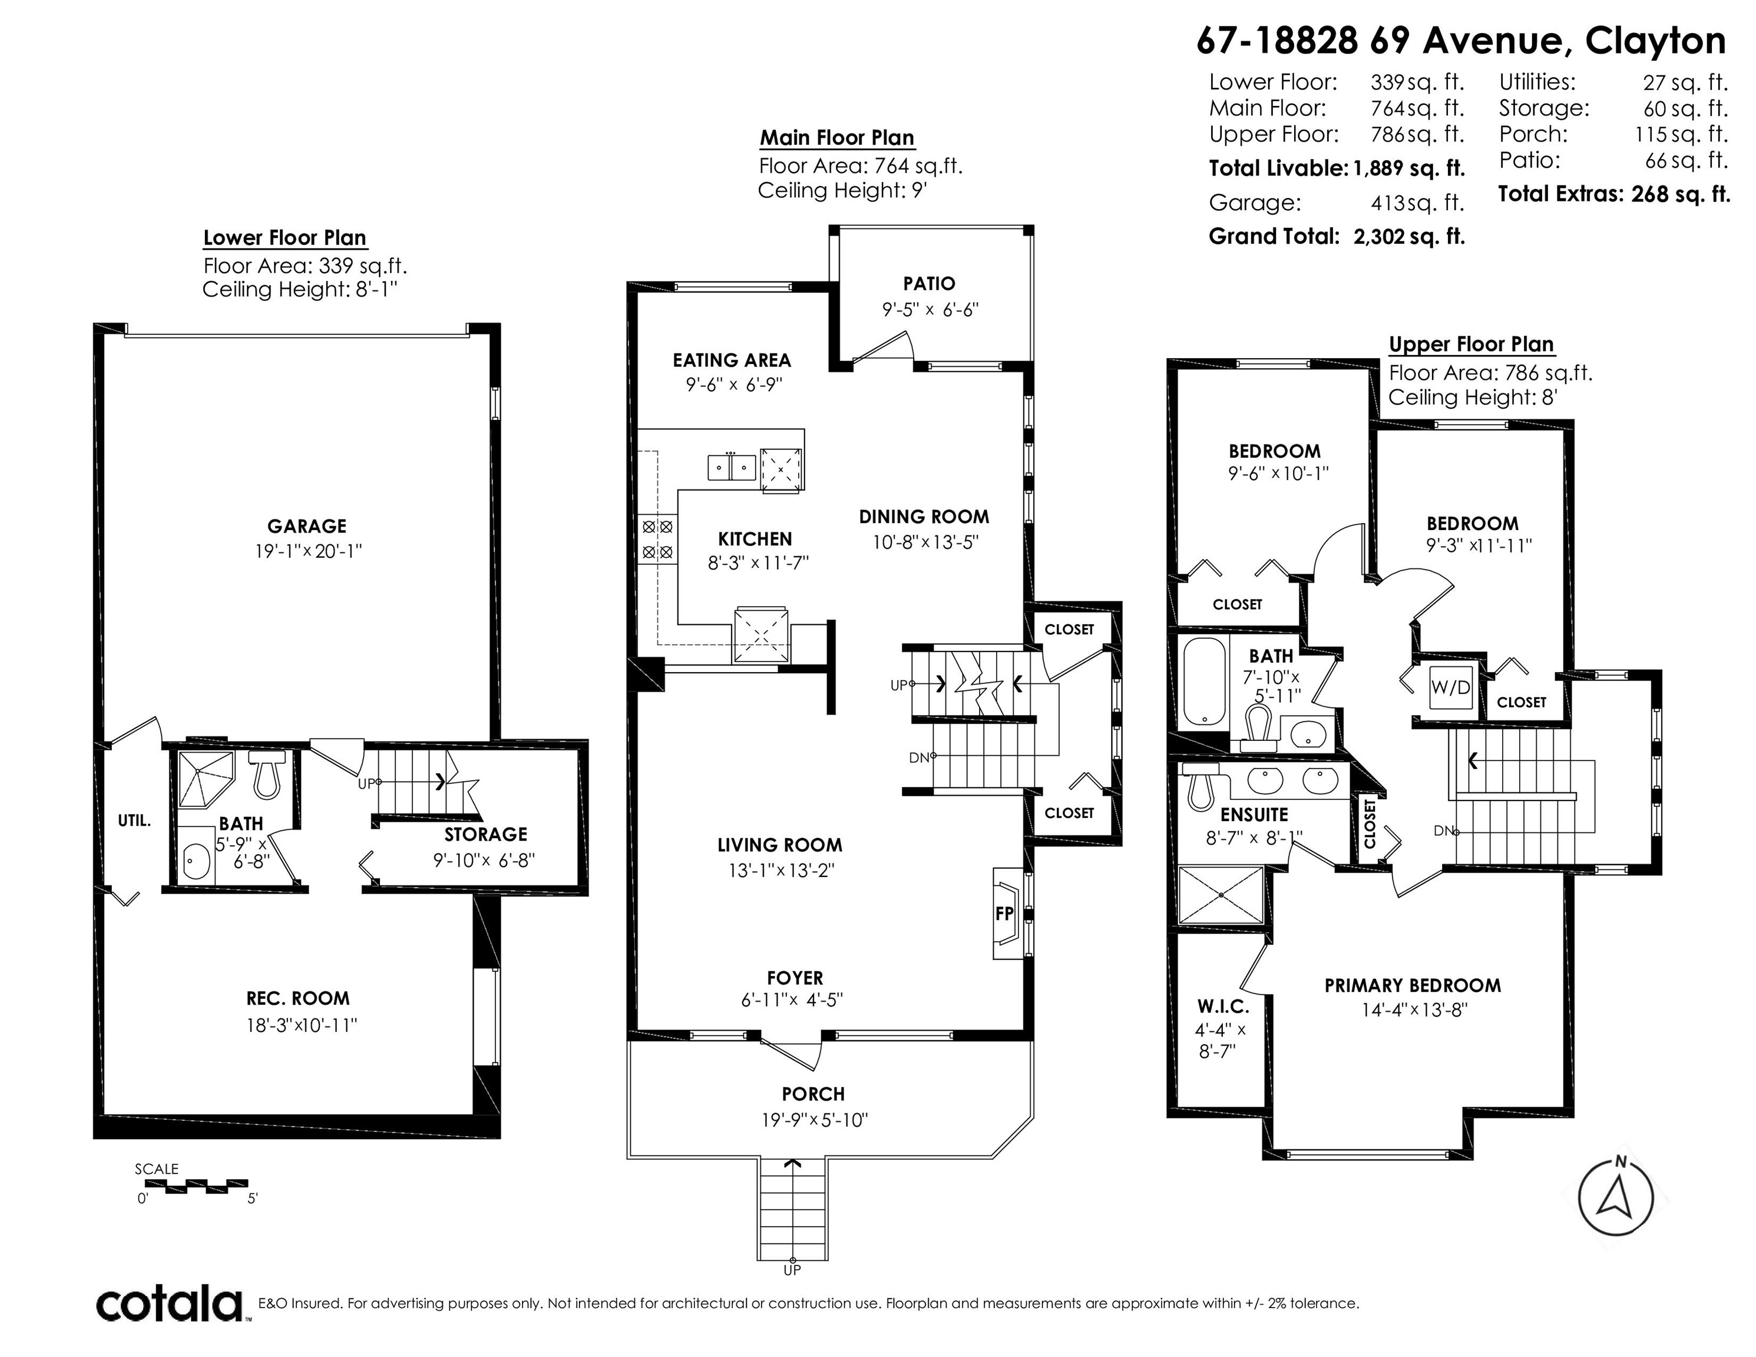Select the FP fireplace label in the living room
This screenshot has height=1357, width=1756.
tap(1004, 914)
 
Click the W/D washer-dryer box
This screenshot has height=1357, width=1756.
tap(1450, 687)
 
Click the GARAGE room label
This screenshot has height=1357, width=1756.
tap(306, 527)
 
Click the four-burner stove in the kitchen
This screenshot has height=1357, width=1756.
tap(658, 540)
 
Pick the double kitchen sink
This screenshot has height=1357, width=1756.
tap(732, 467)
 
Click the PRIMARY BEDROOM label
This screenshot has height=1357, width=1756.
tap(1413, 985)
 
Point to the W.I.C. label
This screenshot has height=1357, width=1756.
tap(1223, 1007)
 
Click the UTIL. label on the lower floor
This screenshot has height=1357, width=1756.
tap(134, 821)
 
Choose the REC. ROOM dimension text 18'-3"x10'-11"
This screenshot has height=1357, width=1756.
tap(302, 1025)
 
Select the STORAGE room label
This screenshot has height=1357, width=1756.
tap(485, 835)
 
